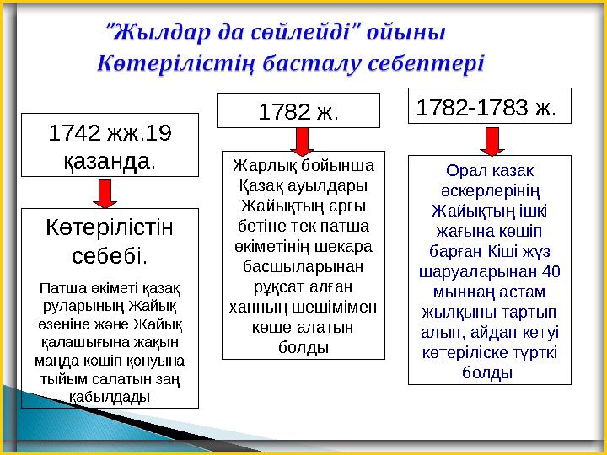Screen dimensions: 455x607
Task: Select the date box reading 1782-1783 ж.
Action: [488, 108]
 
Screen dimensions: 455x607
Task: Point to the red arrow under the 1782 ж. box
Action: [299, 138]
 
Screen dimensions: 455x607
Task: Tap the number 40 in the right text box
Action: [550, 273]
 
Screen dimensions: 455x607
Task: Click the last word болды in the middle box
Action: [307, 346]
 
